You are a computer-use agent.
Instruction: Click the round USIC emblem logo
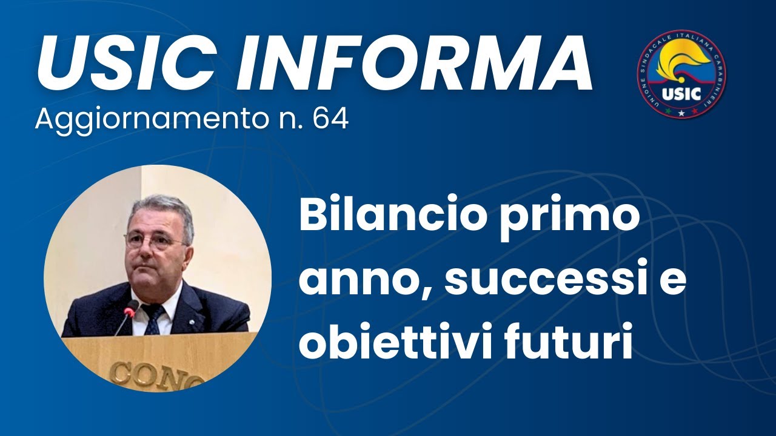pos(681,74)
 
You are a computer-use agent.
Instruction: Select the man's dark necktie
pos(152,317)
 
